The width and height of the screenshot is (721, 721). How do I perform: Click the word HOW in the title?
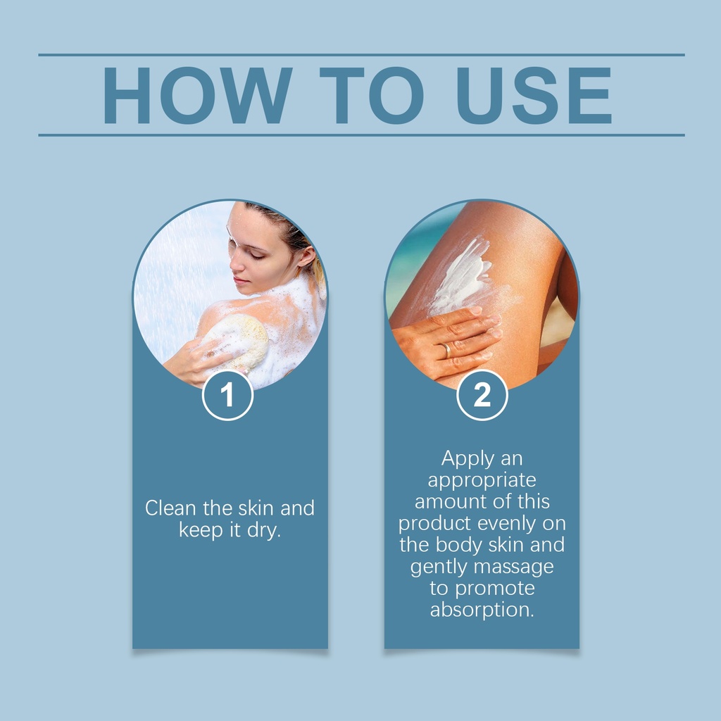[197, 95]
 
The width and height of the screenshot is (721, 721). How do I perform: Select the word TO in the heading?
[372, 95]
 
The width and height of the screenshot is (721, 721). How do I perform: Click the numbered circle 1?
[227, 395]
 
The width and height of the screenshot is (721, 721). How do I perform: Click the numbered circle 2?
[482, 395]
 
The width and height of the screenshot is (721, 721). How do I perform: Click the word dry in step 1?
[264, 530]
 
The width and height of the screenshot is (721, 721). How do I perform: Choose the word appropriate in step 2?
[482, 481]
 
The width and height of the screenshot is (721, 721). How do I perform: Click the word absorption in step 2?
[482, 610]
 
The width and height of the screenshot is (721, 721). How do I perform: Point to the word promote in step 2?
[495, 589]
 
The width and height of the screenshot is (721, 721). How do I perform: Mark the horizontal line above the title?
[361, 55]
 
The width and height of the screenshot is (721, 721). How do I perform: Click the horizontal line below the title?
[361, 135]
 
